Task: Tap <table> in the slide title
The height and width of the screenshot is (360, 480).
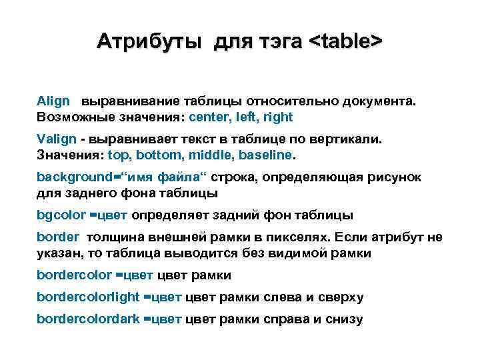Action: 345,41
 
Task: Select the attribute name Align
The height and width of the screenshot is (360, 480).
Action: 53,101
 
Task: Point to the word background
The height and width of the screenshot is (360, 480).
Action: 74,177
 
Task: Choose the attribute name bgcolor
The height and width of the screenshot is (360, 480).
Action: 61,215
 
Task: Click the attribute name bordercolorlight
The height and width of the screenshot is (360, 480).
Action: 88,297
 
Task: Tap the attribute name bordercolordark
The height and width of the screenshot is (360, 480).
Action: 88,319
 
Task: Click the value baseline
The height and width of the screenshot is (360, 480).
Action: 265,155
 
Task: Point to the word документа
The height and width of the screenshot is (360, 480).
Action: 377,101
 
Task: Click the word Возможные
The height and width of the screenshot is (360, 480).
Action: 73,117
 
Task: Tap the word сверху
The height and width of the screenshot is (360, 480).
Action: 340,297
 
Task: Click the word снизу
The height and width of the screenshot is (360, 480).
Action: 344,319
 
